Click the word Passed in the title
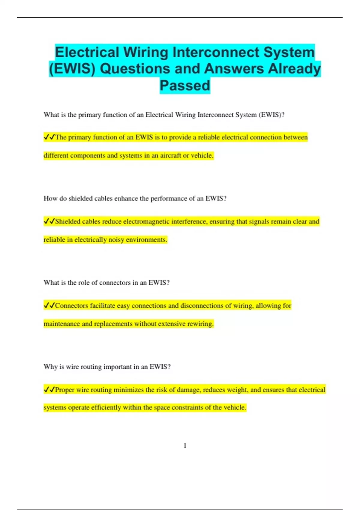(185, 85)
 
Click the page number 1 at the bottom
(185, 445)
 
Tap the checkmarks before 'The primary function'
(49, 137)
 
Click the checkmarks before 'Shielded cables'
(49, 221)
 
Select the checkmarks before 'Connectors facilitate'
(49, 305)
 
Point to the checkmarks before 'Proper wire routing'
(49, 390)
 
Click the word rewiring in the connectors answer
(200, 324)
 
